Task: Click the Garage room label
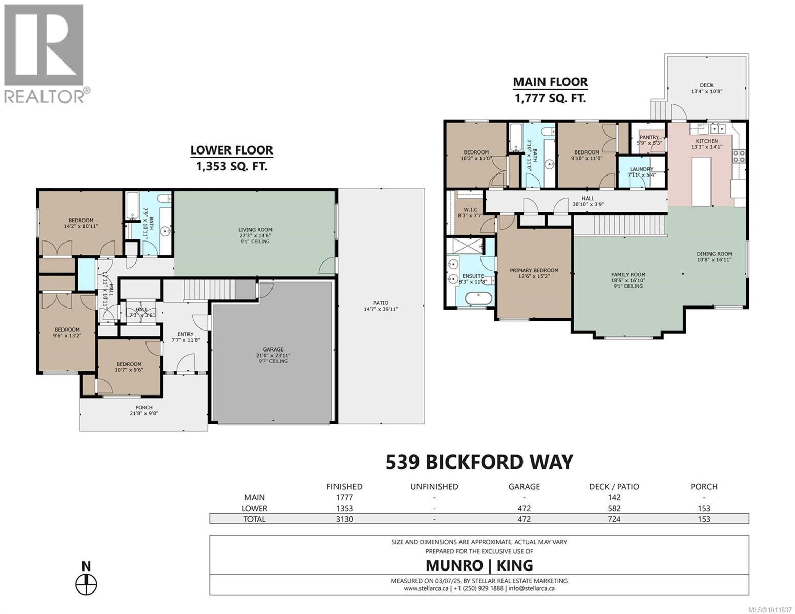click(x=273, y=349)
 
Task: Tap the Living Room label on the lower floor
click(x=255, y=230)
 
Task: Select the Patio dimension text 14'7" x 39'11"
click(x=381, y=309)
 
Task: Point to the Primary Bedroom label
click(x=534, y=270)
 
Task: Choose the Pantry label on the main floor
click(x=649, y=137)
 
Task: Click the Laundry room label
click(x=641, y=169)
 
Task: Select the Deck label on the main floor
click(x=706, y=85)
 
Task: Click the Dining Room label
click(x=714, y=254)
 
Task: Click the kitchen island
click(x=701, y=181)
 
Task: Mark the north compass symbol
click(x=86, y=583)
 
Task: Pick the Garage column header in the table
click(x=524, y=486)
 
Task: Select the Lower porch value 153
click(x=704, y=508)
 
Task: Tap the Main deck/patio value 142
click(x=614, y=497)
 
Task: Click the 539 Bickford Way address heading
click(x=479, y=462)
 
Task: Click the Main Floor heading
click(x=550, y=82)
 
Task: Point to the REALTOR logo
click(x=45, y=54)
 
